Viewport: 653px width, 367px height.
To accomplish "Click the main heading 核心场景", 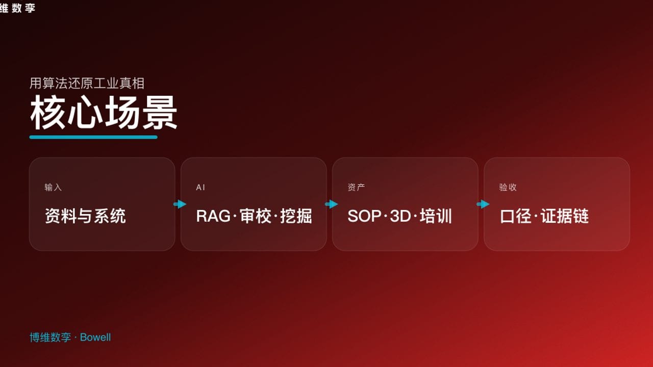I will coord(104,113).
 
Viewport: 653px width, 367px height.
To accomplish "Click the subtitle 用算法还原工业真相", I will coord(87,83).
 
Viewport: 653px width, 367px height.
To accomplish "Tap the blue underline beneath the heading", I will coord(93,137).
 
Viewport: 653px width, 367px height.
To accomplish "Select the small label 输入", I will coord(53,188).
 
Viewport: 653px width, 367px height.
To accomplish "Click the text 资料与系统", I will coord(85,216).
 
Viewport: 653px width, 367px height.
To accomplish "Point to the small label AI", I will coord(200,188).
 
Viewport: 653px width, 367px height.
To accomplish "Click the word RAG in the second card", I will coord(213,216).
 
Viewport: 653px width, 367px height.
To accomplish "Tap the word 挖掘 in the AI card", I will coord(296,216).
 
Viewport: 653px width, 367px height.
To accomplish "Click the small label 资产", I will coord(356,188).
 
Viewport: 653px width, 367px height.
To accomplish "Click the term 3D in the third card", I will coord(400,216).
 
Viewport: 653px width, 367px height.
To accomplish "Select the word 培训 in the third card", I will coord(436,216).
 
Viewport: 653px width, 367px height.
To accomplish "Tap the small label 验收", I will coord(508,188).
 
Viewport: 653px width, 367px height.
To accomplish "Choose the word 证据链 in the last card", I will coord(565,216).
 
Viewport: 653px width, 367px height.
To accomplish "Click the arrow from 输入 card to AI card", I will coord(180,204).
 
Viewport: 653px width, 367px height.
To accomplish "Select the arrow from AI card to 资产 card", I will coord(331,204).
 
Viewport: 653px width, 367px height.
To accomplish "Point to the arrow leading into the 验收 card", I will coord(483,204).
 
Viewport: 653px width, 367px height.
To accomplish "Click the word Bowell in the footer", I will coord(95,337).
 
